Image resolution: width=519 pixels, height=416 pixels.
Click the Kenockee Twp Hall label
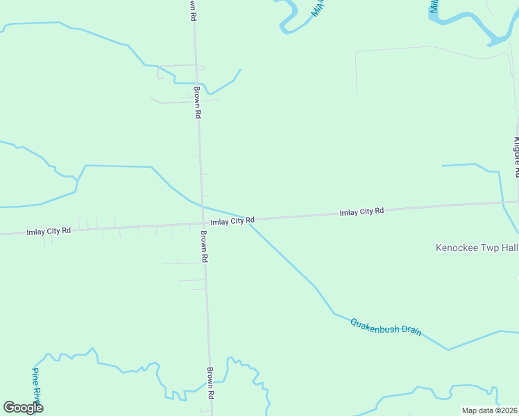click(477, 248)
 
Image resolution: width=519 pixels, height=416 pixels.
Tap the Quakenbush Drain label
click(386, 327)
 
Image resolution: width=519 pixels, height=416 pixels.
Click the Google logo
click(23, 408)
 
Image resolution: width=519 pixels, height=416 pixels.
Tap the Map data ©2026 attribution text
click(488, 410)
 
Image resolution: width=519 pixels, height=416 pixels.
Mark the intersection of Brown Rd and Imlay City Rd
click(203, 223)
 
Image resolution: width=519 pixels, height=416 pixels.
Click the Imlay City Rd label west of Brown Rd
click(49, 231)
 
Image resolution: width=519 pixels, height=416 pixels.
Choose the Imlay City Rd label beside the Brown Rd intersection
click(232, 221)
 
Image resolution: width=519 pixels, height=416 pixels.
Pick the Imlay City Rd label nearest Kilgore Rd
click(361, 211)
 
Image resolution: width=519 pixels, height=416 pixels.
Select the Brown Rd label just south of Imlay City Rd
click(205, 246)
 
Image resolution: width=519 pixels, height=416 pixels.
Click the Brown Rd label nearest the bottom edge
click(210, 383)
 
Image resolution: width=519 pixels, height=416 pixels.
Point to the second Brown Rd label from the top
click(198, 102)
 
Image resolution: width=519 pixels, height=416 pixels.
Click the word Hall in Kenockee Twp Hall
click(509, 248)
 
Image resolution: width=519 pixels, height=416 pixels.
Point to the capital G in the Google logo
click(9, 408)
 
